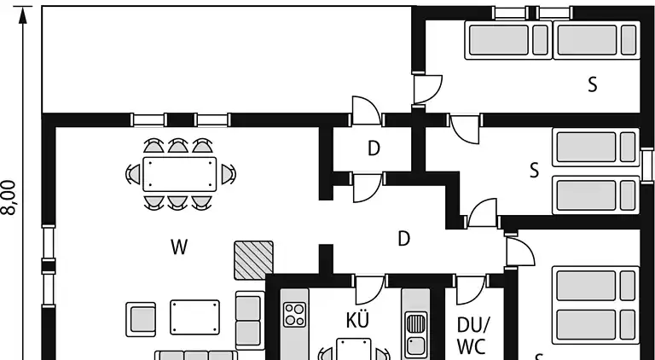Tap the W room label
[178, 247]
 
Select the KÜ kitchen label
[357, 320]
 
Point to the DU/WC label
[472, 335]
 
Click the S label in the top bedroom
[592, 84]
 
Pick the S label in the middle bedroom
[535, 170]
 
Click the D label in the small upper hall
[374, 148]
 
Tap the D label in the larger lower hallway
[404, 239]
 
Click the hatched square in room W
[254, 259]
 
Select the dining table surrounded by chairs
[178, 173]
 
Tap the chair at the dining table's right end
[228, 174]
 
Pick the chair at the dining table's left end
[133, 174]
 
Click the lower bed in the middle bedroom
[595, 195]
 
